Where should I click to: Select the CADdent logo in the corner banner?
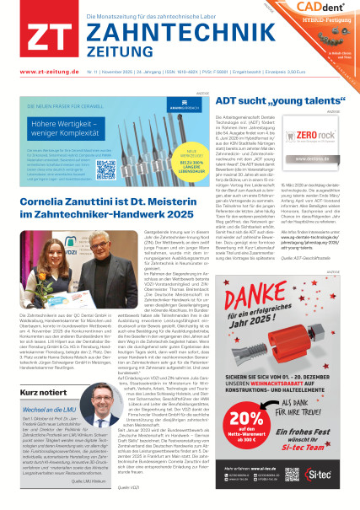(x=327, y=10)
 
